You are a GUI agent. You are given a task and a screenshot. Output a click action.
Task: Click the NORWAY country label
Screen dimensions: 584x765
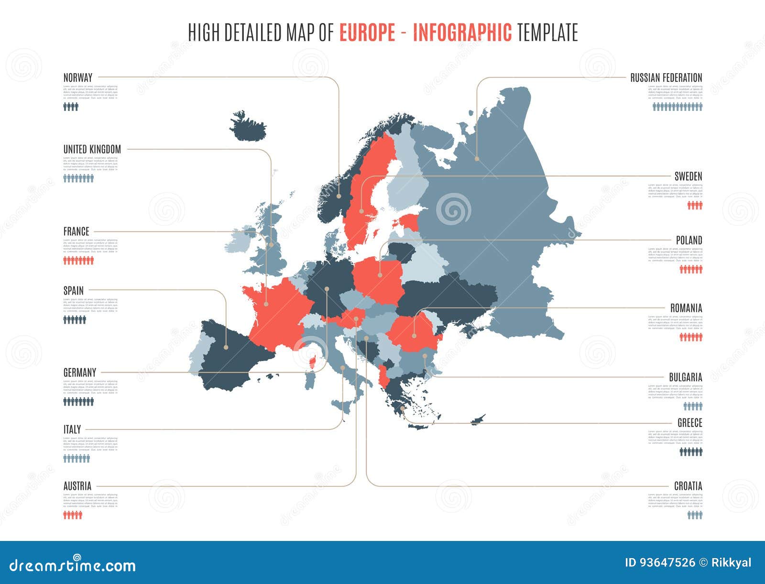point(78,77)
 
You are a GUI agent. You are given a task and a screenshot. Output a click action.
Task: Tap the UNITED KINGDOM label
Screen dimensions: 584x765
point(92,149)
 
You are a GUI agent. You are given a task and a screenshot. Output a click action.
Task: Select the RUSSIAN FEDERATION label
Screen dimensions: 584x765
point(666,77)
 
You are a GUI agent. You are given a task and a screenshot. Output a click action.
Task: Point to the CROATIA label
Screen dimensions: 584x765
point(688,486)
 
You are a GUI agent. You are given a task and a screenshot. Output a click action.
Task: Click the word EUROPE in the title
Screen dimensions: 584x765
point(367,33)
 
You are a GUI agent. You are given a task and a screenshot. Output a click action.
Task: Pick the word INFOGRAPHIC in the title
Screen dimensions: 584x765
point(462,33)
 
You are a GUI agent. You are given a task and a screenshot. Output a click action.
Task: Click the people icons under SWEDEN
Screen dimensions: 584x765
point(695,205)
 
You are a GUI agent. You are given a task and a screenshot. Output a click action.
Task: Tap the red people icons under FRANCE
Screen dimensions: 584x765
point(78,261)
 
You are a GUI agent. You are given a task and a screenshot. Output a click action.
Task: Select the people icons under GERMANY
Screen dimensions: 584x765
point(78,401)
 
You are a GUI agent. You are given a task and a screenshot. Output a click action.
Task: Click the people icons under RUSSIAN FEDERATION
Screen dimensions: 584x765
point(678,107)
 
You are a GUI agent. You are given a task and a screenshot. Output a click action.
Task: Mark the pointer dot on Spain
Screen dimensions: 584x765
point(226,347)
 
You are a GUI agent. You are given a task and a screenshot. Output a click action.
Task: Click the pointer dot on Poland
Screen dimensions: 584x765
point(380,275)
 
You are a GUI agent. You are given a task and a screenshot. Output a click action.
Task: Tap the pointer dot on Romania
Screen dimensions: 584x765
point(414,336)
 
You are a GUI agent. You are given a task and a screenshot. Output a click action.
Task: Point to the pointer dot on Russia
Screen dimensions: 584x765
point(477,158)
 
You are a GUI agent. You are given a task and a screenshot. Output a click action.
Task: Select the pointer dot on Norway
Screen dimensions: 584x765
point(339,196)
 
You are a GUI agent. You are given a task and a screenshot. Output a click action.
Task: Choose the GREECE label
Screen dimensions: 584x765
point(689,423)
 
